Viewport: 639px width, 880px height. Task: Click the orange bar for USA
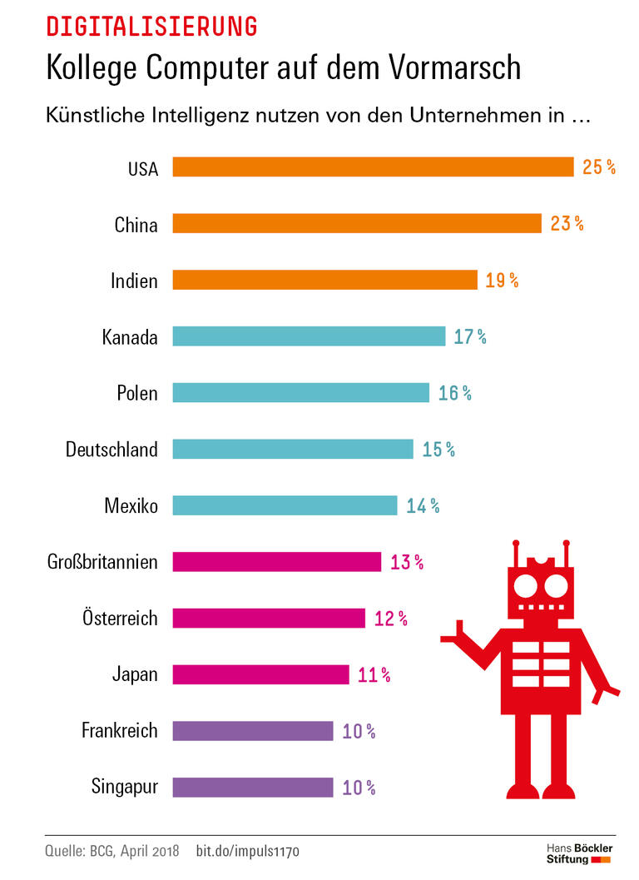point(373,167)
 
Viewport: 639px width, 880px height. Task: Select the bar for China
point(357,223)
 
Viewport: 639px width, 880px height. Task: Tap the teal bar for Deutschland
point(293,449)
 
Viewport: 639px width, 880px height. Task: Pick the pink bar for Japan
point(260,674)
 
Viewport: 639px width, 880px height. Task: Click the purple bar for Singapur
point(253,787)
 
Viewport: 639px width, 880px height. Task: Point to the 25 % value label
point(598,167)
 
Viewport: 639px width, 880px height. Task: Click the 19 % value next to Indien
point(502,280)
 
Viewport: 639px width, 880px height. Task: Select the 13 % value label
point(407,562)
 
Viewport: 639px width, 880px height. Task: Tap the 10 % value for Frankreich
point(359,731)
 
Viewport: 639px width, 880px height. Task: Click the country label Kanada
point(130,336)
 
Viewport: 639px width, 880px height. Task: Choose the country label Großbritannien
point(102,562)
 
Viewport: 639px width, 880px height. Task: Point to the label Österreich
point(120,618)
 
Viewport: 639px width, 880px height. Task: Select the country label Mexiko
point(131,505)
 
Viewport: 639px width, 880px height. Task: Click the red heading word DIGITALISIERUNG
point(151,27)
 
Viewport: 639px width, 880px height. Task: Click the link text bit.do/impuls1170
point(247,851)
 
